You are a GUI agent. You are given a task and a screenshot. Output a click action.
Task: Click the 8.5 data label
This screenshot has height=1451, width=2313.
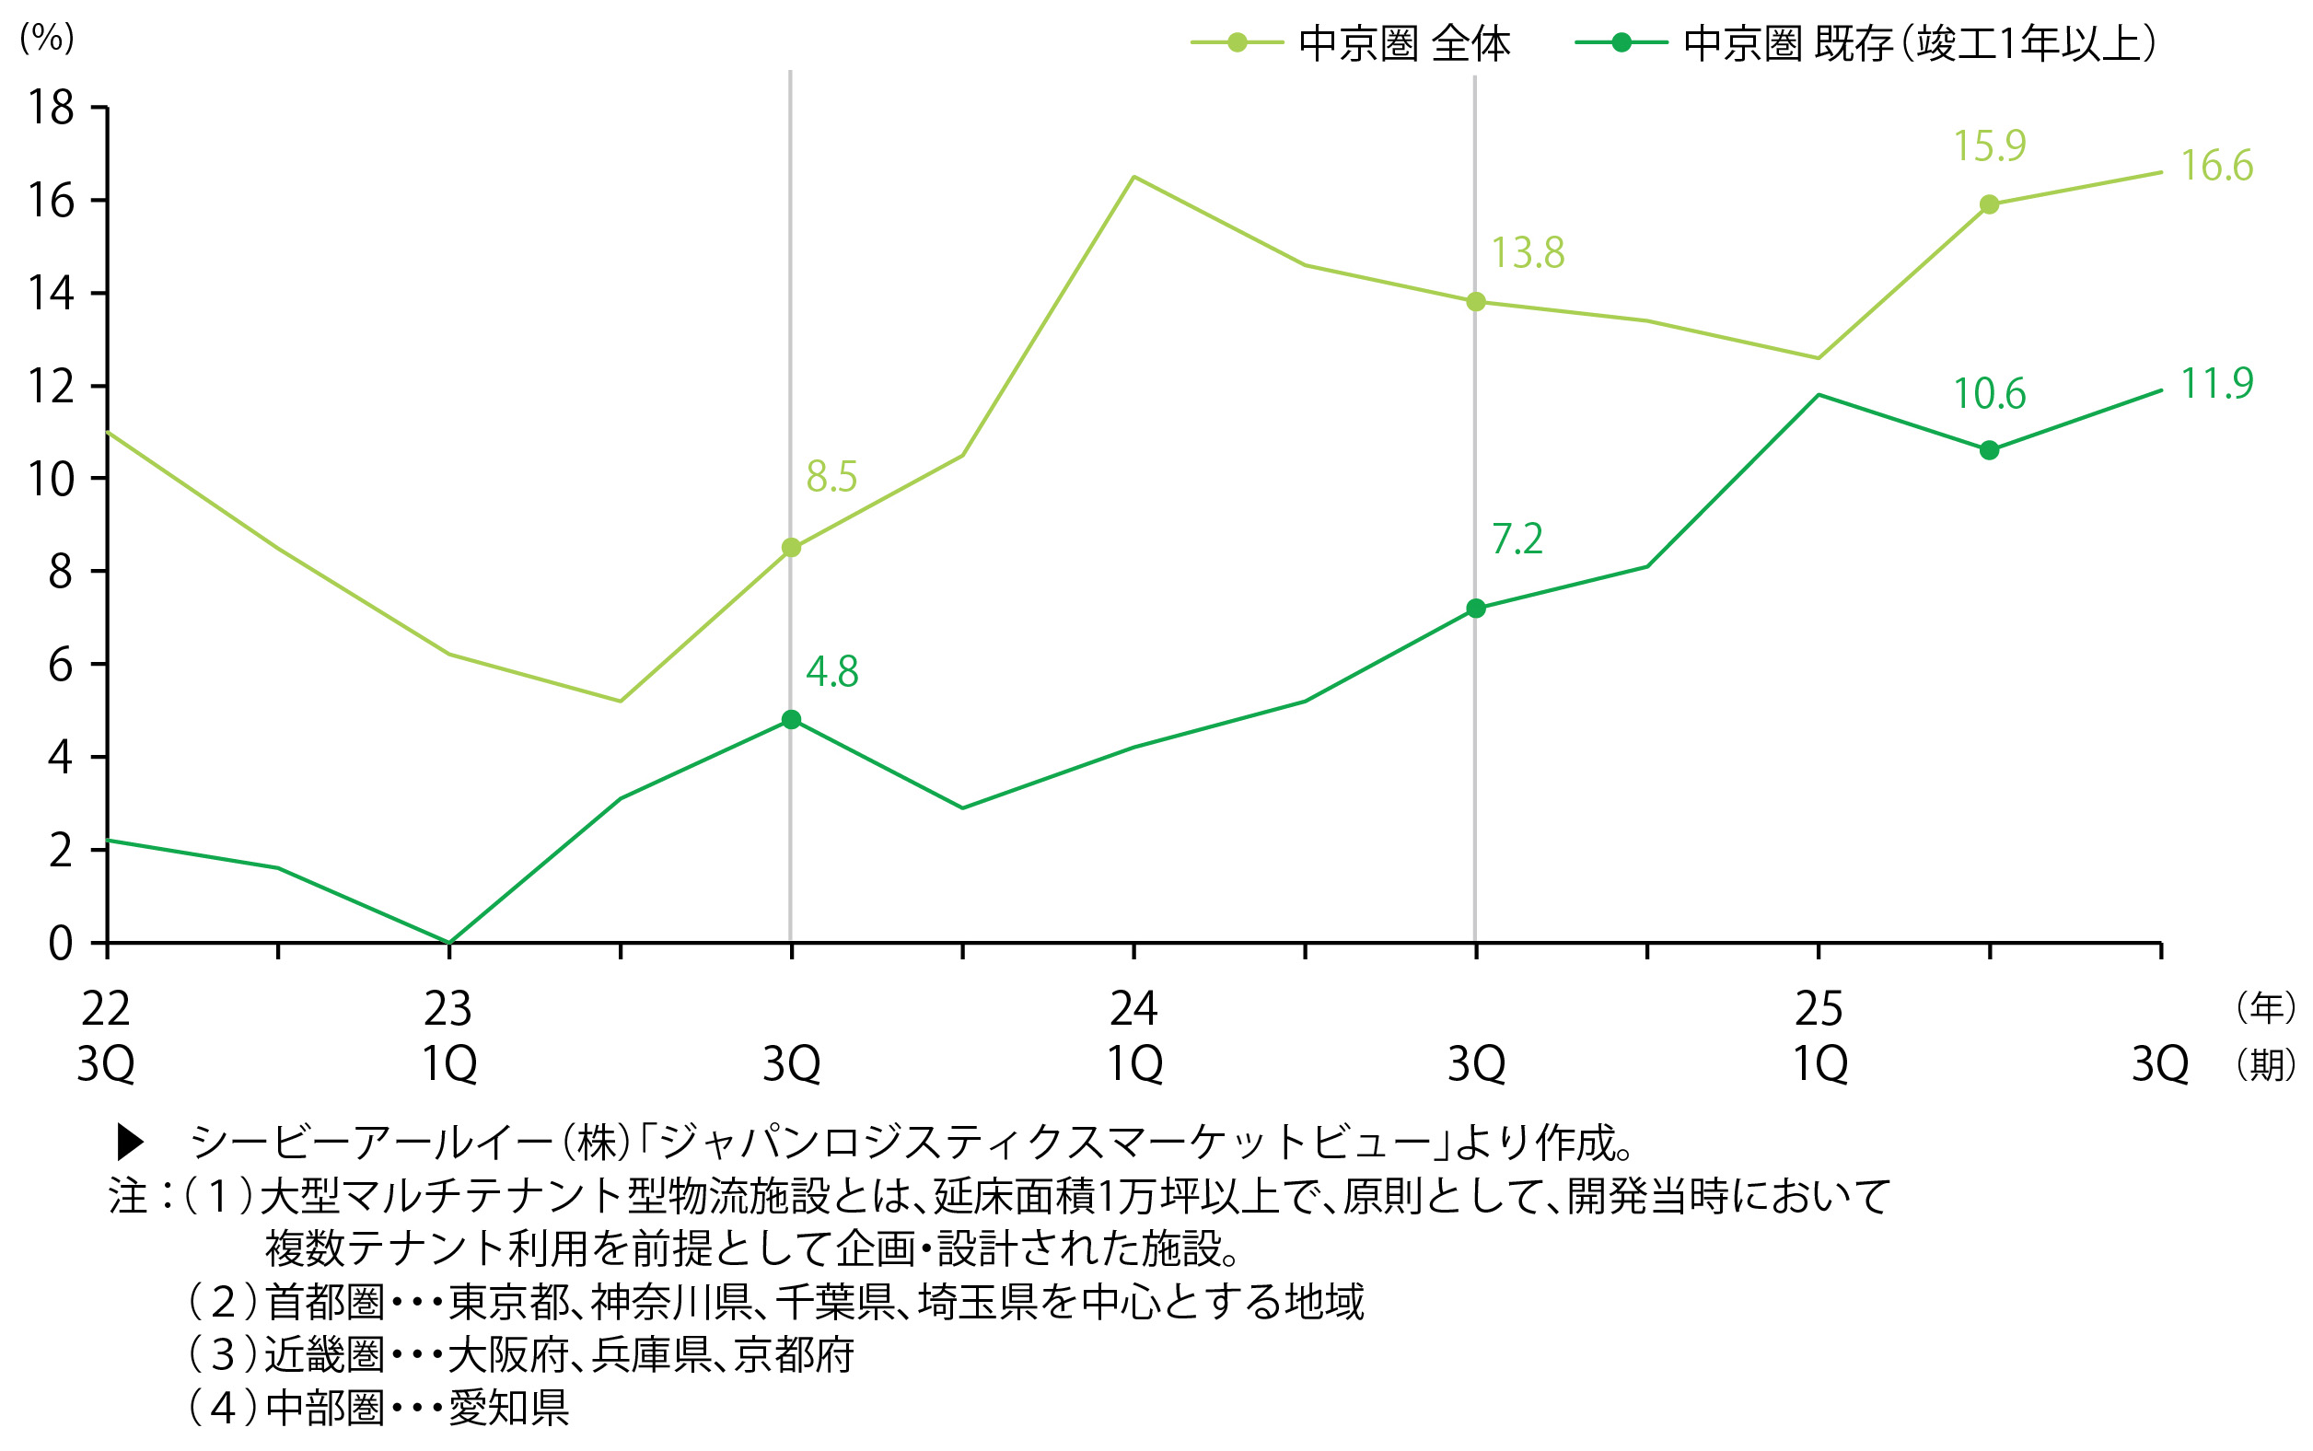(831, 477)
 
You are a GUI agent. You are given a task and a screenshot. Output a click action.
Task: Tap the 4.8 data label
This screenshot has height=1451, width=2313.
(831, 672)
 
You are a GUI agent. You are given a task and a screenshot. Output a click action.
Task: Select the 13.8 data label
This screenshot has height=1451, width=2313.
(1527, 253)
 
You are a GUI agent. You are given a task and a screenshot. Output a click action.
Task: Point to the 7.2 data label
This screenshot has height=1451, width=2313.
(1517, 540)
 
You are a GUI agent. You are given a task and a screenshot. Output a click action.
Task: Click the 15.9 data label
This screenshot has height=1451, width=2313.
(1990, 146)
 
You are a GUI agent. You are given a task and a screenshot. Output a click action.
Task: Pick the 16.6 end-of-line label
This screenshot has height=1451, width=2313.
(2216, 166)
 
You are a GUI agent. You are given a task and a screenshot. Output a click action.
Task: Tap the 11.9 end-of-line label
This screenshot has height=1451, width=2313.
(2216, 384)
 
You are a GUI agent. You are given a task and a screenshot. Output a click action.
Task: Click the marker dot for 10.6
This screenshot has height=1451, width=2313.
(1990, 450)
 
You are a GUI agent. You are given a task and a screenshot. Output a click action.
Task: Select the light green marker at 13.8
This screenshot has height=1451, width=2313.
(1476, 302)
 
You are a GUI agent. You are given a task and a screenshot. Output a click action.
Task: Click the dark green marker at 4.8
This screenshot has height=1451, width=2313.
(791, 720)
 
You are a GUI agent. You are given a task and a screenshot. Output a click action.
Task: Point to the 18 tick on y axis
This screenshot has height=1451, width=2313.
(51, 108)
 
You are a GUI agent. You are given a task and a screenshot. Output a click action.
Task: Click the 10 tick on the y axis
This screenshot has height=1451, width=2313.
(51, 479)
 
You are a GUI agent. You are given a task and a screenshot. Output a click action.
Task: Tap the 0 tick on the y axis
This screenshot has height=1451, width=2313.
(60, 944)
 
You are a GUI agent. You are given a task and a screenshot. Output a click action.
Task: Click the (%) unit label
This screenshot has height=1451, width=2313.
(46, 39)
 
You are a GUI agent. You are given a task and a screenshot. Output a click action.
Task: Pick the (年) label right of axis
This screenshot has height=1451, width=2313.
(2266, 1007)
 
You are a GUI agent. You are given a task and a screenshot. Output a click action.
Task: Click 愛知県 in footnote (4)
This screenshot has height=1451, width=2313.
(508, 1408)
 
